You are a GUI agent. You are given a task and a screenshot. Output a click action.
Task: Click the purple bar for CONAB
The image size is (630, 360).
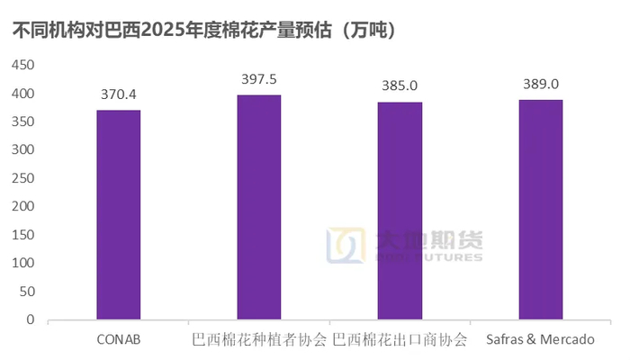click(119, 214)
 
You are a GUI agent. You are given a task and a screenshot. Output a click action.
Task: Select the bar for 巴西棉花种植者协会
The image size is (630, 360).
click(259, 207)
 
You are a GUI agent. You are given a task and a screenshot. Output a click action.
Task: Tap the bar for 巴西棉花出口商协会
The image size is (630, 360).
click(400, 211)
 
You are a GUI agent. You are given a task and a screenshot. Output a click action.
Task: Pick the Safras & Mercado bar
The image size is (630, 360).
click(540, 210)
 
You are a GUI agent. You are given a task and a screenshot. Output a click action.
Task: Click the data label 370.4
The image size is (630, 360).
click(119, 94)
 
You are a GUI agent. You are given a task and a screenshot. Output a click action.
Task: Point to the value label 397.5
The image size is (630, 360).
click(259, 79)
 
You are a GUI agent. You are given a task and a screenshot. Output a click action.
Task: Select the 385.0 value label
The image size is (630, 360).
click(400, 86)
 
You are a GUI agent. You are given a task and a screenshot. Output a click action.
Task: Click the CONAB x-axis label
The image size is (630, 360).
click(119, 340)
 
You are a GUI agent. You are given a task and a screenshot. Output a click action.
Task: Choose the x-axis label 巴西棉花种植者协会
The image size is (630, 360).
click(259, 340)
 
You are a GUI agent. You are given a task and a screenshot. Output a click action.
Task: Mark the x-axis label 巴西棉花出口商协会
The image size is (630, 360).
click(400, 340)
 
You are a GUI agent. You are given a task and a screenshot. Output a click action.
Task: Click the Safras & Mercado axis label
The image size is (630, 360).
click(540, 340)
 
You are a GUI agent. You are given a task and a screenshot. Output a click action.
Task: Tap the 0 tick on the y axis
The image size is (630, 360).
click(31, 319)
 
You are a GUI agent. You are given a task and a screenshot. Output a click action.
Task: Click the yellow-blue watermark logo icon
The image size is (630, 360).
click(341, 246)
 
